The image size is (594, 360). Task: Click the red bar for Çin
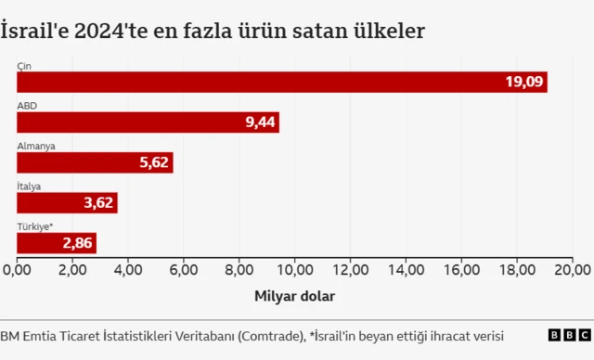(x=278, y=82)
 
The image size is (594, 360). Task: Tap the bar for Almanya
(x=93, y=162)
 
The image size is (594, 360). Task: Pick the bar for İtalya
(x=65, y=203)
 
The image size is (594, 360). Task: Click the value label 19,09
(x=523, y=82)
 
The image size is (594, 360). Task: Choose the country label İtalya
(x=29, y=186)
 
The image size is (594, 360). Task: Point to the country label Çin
(x=23, y=65)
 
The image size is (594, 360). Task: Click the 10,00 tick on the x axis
(x=295, y=269)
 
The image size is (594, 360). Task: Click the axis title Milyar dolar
(x=294, y=296)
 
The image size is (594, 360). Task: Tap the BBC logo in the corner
(x=569, y=335)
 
